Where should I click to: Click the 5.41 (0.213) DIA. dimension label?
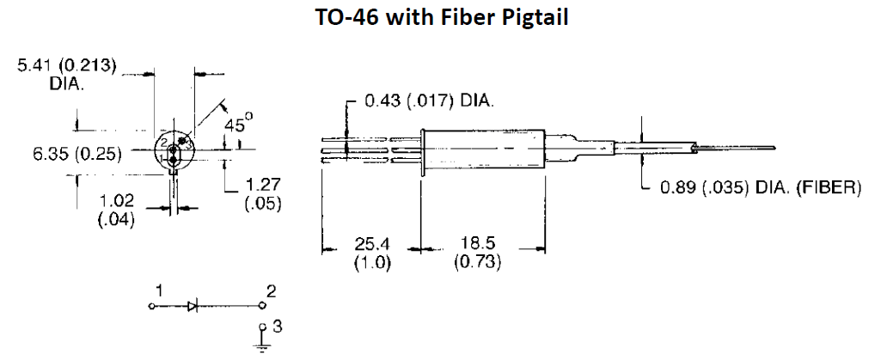coord(69,74)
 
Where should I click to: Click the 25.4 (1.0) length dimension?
coord(373,255)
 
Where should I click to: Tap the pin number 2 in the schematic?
coord(272,292)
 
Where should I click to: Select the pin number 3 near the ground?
coord(276,326)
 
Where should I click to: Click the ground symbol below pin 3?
coord(262,345)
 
